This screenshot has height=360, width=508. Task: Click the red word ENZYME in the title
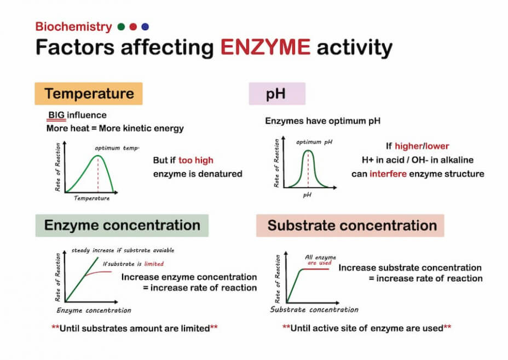coord(265,48)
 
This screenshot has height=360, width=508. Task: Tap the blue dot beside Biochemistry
coord(145,26)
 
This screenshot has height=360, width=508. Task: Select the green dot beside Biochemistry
coord(121,26)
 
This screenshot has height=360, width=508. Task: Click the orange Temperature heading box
coord(89,94)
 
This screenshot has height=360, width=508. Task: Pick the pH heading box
coord(276,94)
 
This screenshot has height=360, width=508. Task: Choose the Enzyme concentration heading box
coord(122,225)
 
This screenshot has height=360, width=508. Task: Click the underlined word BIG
coord(56,116)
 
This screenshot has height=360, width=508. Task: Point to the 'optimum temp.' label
coord(117,148)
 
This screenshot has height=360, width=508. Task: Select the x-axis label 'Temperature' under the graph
coord(91,198)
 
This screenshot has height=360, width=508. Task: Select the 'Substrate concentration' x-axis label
coord(314,310)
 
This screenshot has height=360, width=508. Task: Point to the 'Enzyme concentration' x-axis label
coord(94,310)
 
